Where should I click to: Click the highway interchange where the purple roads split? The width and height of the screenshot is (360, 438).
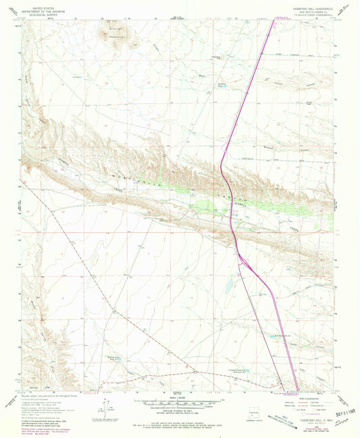click(238, 255)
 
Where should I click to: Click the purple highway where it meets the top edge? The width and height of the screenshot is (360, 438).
click(274, 20)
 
